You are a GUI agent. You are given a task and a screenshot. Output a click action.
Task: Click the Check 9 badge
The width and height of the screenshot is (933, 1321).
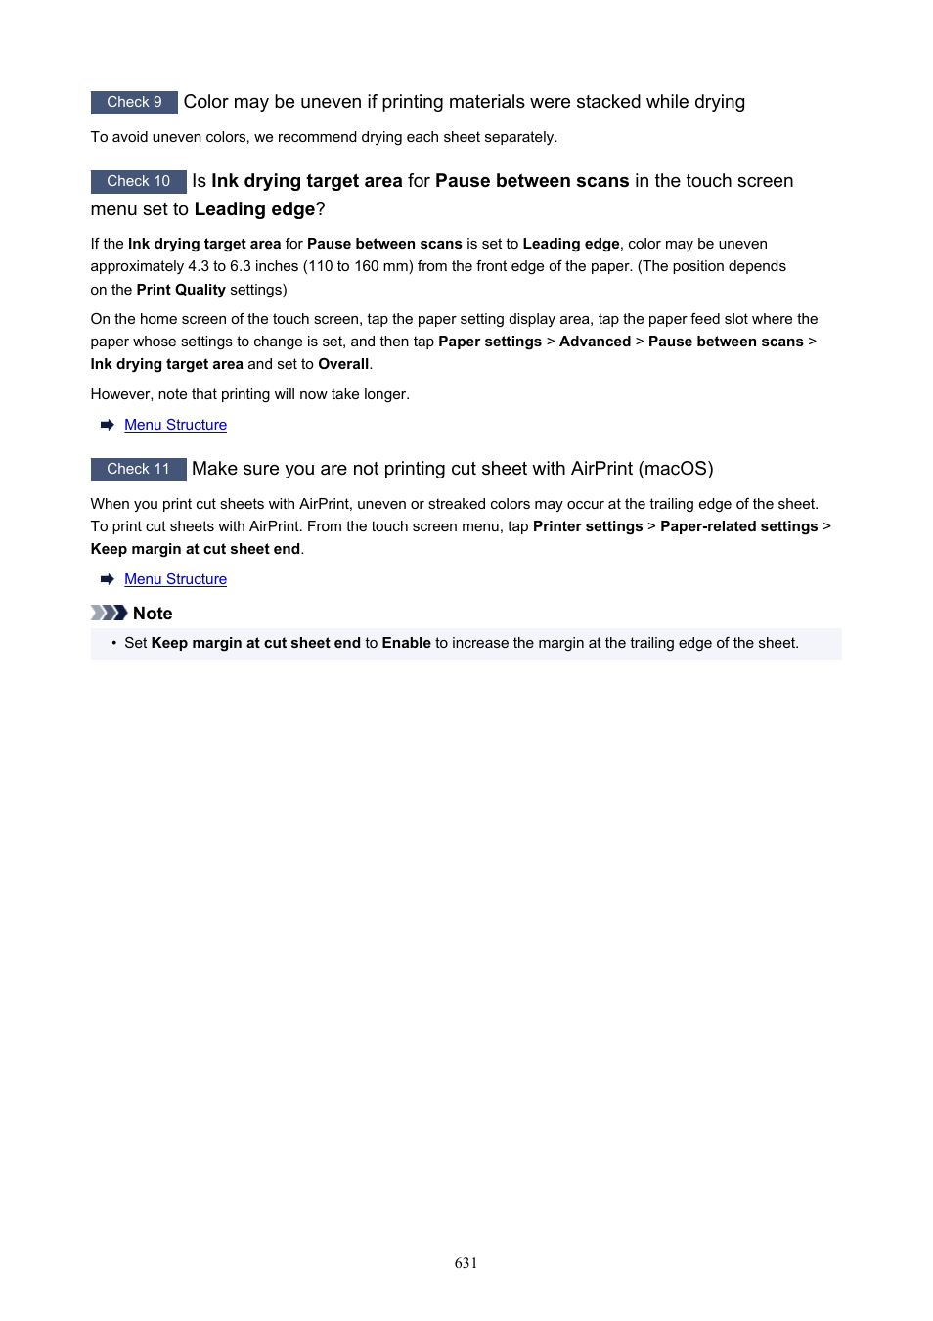[x=134, y=102]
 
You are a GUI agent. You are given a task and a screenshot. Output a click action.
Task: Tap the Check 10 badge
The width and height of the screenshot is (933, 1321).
[x=138, y=181]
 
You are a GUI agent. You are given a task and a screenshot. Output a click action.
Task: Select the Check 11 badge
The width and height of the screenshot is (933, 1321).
[x=138, y=469]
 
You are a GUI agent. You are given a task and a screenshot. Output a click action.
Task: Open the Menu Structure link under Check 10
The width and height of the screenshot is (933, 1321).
[x=175, y=425]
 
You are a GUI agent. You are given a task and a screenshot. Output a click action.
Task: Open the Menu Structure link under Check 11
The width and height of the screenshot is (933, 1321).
[x=175, y=579]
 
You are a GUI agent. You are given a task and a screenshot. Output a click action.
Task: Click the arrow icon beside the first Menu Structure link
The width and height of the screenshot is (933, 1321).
[x=108, y=425]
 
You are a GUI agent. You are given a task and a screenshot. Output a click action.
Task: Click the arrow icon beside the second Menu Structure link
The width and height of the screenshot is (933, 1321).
[x=108, y=579]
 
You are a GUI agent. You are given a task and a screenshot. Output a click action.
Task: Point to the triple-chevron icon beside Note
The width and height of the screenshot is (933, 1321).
[x=109, y=613]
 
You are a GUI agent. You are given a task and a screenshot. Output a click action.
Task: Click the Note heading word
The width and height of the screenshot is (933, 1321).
[x=153, y=614]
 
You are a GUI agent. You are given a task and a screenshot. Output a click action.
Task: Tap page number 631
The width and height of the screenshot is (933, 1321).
[x=466, y=1263]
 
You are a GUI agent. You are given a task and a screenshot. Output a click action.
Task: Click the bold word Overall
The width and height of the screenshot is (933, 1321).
[x=343, y=364]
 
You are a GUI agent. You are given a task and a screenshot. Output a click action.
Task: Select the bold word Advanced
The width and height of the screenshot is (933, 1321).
[x=595, y=342]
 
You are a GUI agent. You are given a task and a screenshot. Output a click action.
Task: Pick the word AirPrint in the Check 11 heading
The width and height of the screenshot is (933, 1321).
[x=601, y=469]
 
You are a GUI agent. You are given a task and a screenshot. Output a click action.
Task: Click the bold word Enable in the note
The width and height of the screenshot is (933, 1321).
[x=406, y=643]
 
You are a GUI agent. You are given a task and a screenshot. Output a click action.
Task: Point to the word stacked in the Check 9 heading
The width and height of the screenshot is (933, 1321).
[x=606, y=102]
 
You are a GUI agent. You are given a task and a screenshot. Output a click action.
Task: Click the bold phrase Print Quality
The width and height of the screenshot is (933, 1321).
[x=181, y=290]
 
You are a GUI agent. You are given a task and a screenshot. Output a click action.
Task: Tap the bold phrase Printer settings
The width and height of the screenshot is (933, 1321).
[x=588, y=526]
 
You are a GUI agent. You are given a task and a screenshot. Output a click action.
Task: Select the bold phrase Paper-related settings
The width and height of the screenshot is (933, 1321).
[x=738, y=526]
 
